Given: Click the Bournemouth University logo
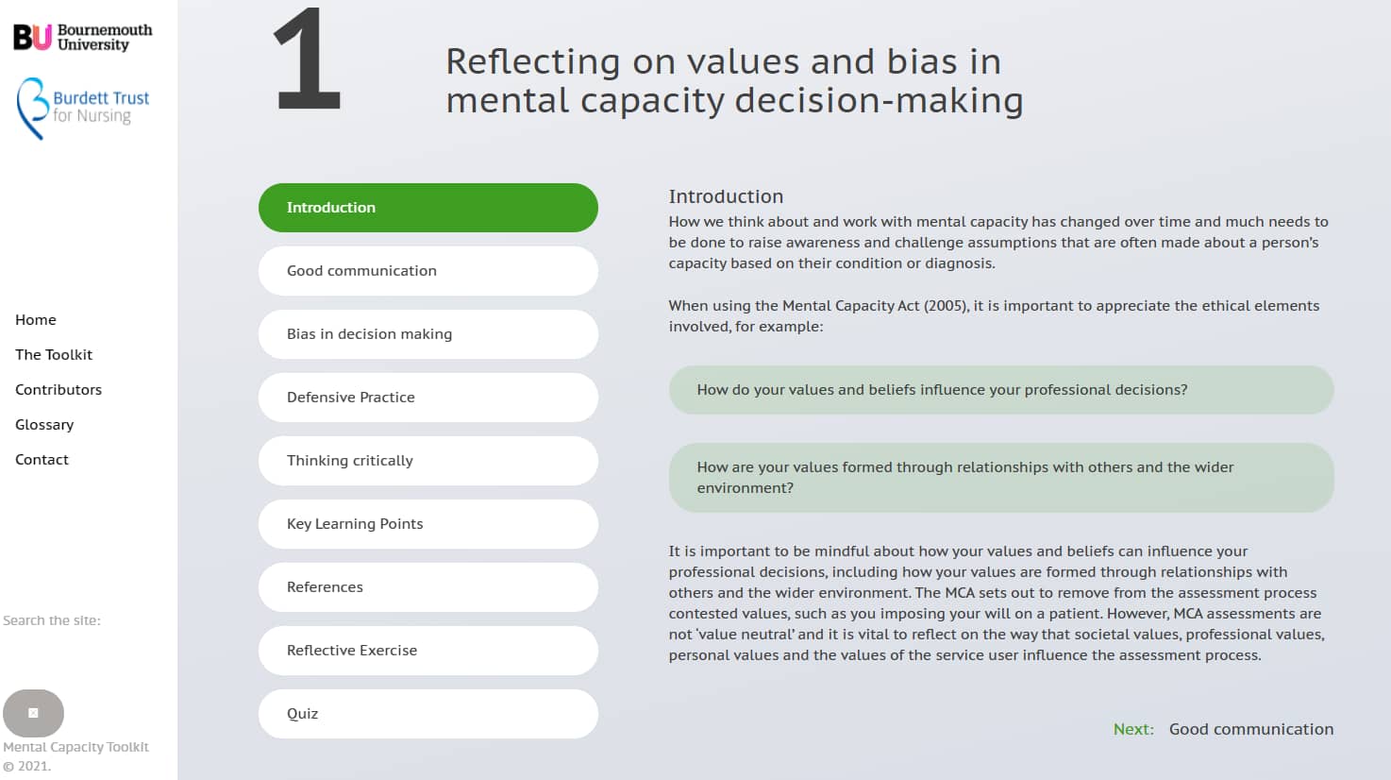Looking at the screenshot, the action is click(x=83, y=37).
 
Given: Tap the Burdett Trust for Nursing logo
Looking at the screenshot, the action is click(x=83, y=109).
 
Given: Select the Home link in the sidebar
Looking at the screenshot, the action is click(x=36, y=319).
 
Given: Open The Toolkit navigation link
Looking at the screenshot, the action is click(x=54, y=354).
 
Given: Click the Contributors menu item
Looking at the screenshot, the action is click(x=59, y=390).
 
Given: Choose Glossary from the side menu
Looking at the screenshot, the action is click(x=44, y=425).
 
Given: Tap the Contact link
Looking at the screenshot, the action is click(x=42, y=459).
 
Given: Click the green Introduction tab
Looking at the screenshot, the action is click(x=427, y=208).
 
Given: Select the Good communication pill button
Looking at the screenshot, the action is click(x=427, y=271).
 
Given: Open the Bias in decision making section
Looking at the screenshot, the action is click(x=427, y=334).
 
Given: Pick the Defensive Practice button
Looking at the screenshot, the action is click(x=427, y=398).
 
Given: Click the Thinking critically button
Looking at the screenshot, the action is click(x=427, y=461).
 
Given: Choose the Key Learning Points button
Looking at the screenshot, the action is click(x=427, y=524).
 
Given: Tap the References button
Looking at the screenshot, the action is click(x=427, y=587).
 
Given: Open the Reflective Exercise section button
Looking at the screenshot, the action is click(x=427, y=651).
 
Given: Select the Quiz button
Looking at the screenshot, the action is click(x=427, y=714).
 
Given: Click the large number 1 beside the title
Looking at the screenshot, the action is click(x=308, y=59).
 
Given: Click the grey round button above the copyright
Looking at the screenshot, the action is click(x=34, y=713).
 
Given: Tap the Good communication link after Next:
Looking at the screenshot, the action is click(x=1251, y=729).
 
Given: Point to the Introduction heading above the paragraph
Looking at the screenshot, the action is click(x=726, y=196).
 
